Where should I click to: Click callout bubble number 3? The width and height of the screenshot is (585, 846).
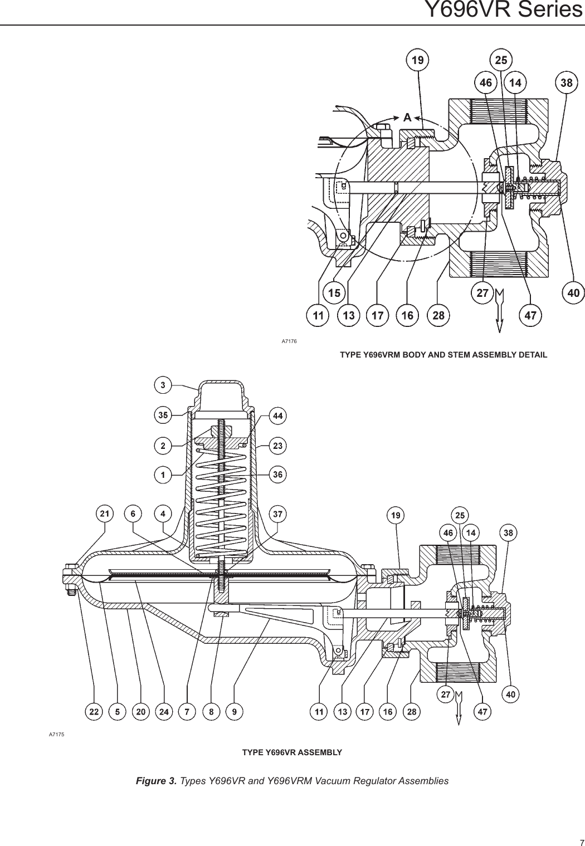click(x=163, y=385)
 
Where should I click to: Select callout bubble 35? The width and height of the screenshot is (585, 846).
click(x=163, y=415)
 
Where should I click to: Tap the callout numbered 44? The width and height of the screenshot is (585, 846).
click(x=277, y=415)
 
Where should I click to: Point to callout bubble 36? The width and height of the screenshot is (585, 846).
click(x=277, y=475)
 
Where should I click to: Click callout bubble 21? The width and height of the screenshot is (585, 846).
click(x=104, y=514)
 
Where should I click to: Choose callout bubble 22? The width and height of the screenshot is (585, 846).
click(x=94, y=711)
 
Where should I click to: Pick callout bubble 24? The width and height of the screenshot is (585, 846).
click(x=164, y=711)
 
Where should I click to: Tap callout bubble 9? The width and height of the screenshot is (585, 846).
click(x=235, y=711)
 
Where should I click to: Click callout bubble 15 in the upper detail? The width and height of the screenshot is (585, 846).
click(x=334, y=292)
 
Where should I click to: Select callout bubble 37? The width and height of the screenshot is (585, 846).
click(x=277, y=514)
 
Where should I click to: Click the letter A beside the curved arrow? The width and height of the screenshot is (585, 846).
click(x=407, y=118)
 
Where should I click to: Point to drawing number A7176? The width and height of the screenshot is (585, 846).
click(x=289, y=340)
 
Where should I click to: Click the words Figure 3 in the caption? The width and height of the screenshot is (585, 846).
click(x=157, y=781)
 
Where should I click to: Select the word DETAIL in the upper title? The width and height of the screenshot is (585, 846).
click(x=532, y=354)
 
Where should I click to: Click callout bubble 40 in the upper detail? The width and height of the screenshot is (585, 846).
click(x=573, y=292)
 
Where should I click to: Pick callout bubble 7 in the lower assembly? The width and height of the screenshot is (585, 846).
click(x=187, y=711)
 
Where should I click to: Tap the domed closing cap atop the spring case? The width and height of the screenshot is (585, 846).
click(x=222, y=397)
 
